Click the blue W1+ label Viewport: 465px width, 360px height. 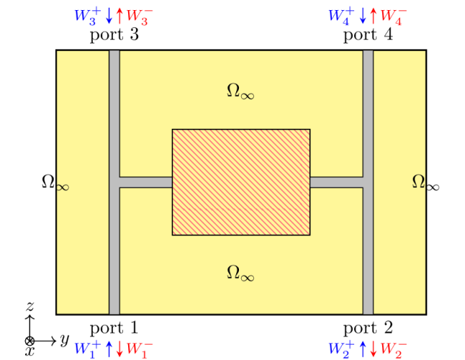click(x=88, y=348)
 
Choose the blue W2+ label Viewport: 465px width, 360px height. click(x=342, y=348)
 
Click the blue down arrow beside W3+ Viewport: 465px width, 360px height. click(x=109, y=15)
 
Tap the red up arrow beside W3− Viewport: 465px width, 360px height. click(x=119, y=15)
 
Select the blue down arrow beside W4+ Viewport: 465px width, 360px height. click(x=363, y=15)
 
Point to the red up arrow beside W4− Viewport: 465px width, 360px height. click(x=373, y=15)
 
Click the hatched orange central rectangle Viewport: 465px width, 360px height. click(x=240, y=182)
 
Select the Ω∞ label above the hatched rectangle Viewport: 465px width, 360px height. click(x=240, y=91)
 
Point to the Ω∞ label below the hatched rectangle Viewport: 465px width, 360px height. click(x=240, y=273)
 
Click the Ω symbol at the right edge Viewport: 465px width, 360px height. click(x=418, y=182)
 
